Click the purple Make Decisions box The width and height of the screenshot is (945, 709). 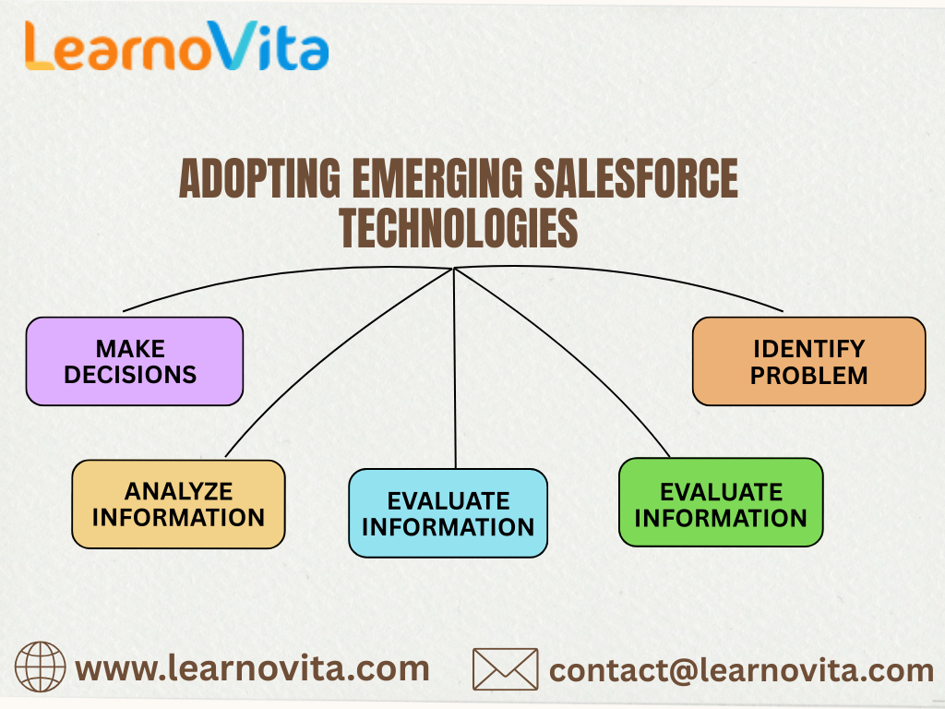coord(135,361)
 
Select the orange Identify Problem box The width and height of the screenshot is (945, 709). coord(808,361)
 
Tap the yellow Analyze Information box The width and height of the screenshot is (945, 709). coord(178,504)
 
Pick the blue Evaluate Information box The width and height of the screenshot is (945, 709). coord(448,513)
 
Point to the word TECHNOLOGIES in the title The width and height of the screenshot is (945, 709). coord(459,227)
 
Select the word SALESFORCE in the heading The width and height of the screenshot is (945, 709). coord(642,179)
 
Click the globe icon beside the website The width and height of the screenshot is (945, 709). coord(41,667)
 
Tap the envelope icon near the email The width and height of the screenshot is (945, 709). coord(505,668)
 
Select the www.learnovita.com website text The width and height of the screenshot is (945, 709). coord(252,667)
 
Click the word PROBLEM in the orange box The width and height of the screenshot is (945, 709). coord(808,376)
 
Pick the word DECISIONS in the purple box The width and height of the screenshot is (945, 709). coord(130,375)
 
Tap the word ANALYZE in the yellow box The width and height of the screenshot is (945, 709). coord(178,490)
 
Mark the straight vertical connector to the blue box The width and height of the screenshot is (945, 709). coord(455,369)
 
